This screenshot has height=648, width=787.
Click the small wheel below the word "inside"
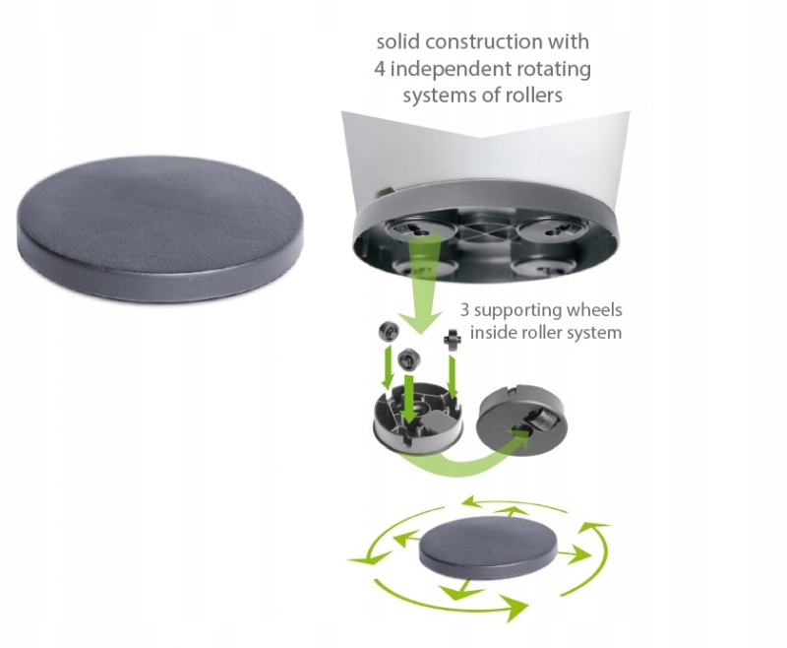[x=454, y=341]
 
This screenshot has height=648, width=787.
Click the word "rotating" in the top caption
[x=557, y=70]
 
